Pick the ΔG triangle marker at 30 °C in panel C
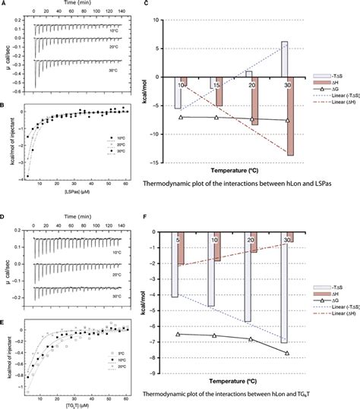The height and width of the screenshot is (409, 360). click(287, 120)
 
